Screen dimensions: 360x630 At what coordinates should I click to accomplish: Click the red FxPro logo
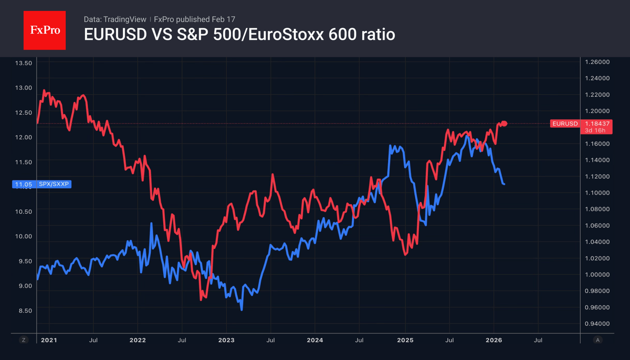tap(44, 30)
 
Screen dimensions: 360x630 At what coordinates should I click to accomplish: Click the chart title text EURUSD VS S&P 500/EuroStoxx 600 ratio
tap(239, 35)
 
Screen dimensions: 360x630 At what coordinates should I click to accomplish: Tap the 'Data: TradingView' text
tap(115, 19)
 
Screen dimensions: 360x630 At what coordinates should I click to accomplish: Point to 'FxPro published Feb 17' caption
tap(194, 19)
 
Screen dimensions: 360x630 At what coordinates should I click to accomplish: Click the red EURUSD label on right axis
tap(565, 123)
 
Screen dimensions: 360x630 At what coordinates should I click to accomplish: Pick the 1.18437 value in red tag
tap(597, 123)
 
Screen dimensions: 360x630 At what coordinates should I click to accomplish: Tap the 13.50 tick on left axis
tap(23, 63)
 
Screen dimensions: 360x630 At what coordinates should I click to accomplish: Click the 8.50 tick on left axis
tap(23, 311)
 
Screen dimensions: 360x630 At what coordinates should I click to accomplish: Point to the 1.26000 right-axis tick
tap(597, 62)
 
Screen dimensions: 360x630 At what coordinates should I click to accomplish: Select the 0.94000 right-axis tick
tap(597, 323)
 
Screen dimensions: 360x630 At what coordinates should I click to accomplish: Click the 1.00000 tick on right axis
tap(597, 275)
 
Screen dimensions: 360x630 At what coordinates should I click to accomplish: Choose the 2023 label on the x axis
tap(226, 340)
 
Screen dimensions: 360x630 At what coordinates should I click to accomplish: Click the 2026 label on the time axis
tap(494, 340)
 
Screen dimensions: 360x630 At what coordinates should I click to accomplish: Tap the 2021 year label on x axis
tap(49, 340)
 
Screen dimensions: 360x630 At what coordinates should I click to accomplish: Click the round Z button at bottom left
tap(24, 340)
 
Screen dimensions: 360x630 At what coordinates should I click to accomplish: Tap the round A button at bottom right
tap(597, 340)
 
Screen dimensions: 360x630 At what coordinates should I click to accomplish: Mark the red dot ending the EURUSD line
tap(504, 123)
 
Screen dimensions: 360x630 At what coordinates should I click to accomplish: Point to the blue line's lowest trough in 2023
tap(241, 310)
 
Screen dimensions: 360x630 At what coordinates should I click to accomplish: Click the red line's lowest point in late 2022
tap(201, 300)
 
